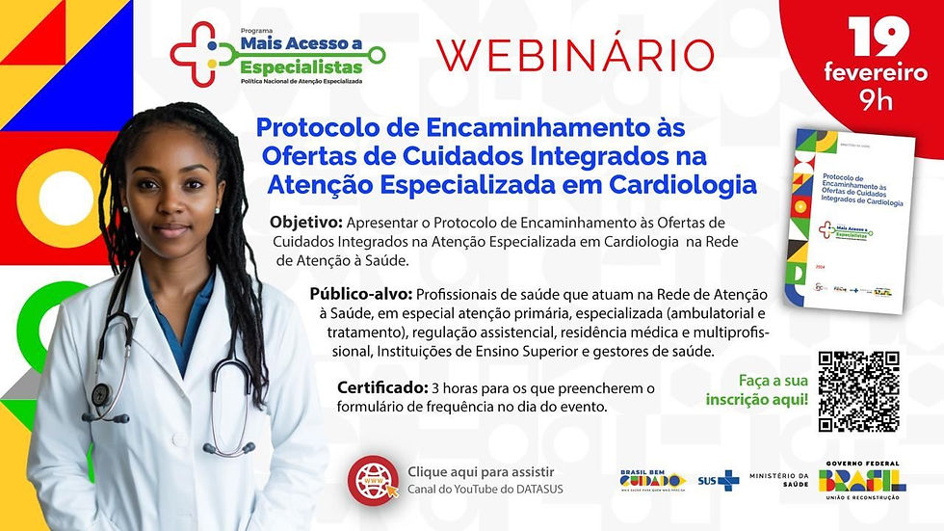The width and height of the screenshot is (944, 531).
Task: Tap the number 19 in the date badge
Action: pyautogui.click(x=878, y=37)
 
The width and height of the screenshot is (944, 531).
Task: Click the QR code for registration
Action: pyautogui.click(x=858, y=391)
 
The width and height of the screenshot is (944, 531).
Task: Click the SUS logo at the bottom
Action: pyautogui.click(x=719, y=480)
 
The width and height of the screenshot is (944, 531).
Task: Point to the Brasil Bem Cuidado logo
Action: pyautogui.click(x=653, y=480)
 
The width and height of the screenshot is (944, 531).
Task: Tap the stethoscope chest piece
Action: pyautogui.click(x=100, y=394)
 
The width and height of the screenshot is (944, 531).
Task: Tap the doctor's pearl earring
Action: pyautogui.click(x=218, y=209)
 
